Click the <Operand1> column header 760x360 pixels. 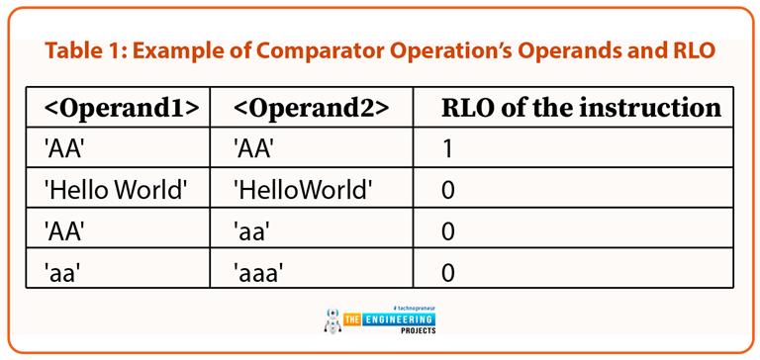pos(120,108)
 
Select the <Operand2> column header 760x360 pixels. pos(309,108)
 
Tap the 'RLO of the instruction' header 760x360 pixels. pos(581,108)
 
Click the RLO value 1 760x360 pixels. pos(447,148)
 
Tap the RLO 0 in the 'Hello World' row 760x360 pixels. pos(448,189)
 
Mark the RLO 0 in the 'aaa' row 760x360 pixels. pos(448,270)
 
